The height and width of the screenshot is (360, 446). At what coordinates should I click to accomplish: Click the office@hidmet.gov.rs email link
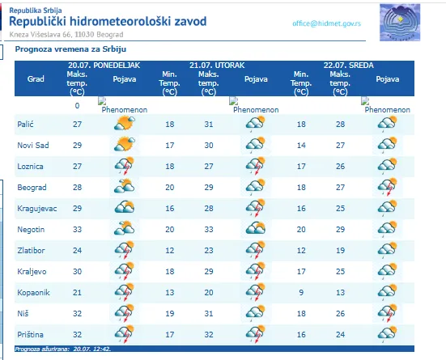[x=326, y=23]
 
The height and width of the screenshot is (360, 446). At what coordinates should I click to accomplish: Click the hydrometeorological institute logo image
[x=400, y=23]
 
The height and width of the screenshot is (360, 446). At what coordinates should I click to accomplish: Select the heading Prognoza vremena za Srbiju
[x=70, y=49]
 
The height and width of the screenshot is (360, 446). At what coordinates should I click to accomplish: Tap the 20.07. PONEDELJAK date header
[x=104, y=65]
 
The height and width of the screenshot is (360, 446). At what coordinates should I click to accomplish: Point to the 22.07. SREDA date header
[x=348, y=65]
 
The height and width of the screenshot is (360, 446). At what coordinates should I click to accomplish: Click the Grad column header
[x=36, y=78]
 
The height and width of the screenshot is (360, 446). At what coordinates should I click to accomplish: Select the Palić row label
[x=25, y=125]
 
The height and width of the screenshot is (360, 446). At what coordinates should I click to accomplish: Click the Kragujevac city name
[x=37, y=209]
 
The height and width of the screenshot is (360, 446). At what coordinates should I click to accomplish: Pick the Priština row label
[x=30, y=335]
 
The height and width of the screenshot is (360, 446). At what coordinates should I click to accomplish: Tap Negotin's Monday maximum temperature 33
[x=77, y=230]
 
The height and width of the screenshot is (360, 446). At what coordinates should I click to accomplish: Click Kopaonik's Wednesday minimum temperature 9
[x=301, y=293]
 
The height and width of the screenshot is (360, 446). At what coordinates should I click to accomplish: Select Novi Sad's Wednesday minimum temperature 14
[x=301, y=146]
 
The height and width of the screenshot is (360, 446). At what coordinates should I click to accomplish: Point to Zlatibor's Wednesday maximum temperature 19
[x=340, y=251]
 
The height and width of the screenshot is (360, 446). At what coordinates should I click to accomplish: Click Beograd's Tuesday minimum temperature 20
[x=170, y=188]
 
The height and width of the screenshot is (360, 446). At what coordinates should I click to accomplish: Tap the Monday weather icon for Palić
[x=125, y=123]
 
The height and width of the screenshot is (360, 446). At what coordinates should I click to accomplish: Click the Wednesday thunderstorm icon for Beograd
[x=388, y=187]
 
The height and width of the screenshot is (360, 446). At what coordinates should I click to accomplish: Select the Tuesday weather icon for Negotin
[x=256, y=228]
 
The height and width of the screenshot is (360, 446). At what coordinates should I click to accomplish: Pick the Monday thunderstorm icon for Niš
[x=125, y=313]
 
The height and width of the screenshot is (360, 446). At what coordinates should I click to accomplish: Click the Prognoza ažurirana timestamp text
[x=62, y=349]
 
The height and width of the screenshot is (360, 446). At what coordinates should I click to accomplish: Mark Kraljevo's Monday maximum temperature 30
[x=77, y=272]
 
